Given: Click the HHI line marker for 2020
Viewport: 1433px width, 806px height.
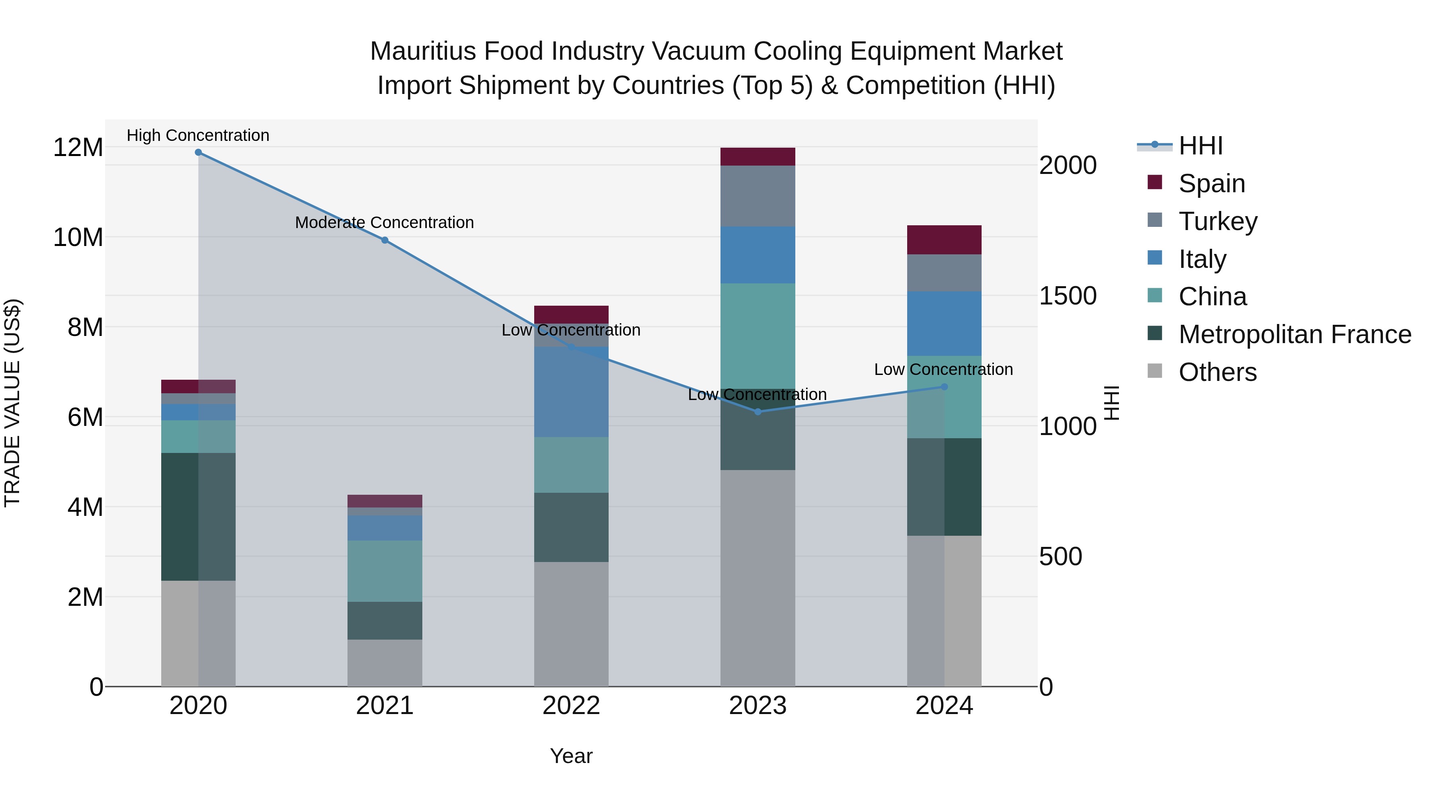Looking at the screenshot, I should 198,152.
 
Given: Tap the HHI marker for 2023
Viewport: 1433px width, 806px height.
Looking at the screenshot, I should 757,412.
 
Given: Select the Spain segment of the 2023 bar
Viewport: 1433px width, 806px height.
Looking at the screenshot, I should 757,157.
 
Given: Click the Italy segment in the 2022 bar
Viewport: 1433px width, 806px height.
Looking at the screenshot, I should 571,392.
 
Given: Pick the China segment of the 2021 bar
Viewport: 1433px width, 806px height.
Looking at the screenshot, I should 385,571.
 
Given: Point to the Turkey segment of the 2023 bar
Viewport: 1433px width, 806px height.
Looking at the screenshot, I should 757,196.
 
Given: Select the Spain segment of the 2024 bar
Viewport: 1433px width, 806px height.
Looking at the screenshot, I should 944,240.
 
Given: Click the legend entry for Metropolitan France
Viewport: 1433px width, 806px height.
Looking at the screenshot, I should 1294,335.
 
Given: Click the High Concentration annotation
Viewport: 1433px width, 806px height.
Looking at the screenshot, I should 198,135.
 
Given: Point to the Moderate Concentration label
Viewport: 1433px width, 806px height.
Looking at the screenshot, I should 385,222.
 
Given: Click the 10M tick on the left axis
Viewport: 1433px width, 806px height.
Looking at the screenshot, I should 78,238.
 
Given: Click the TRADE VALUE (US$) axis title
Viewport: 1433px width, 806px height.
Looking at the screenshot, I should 12,403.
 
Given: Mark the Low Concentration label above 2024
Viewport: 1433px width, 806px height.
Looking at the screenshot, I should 943,369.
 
